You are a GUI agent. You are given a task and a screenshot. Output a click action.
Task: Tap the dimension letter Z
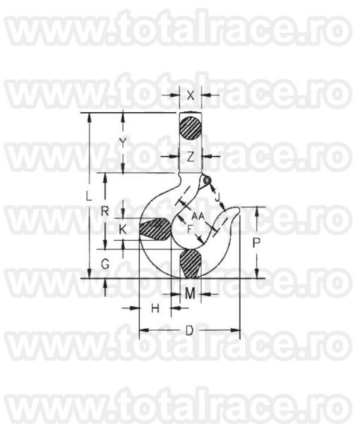point(191,155)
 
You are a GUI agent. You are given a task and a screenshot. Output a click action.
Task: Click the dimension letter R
point(104,210)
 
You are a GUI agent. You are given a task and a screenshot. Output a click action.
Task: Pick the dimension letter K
point(123,230)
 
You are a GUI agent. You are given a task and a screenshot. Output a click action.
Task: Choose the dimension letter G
point(104,265)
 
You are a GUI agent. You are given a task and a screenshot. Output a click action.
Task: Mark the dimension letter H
point(155,308)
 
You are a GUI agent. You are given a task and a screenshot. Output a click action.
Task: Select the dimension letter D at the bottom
point(189,330)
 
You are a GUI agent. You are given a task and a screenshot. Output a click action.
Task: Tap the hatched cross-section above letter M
point(191,264)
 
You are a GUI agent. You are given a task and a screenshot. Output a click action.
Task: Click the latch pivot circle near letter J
point(206,181)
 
